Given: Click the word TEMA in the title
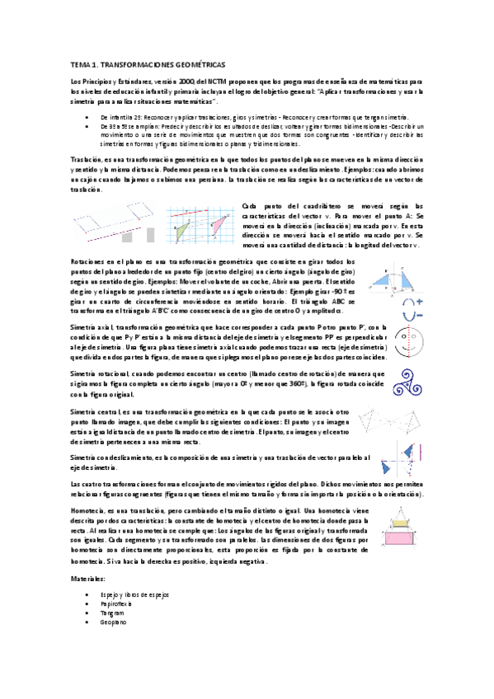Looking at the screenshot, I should [78, 63].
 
